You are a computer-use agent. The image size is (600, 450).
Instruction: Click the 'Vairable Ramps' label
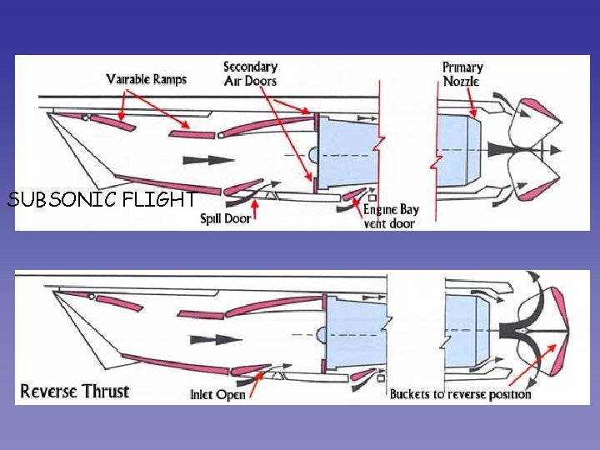(x=147, y=79)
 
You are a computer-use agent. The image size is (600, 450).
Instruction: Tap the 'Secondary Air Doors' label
(x=250, y=73)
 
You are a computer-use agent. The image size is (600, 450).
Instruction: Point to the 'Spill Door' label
(x=225, y=219)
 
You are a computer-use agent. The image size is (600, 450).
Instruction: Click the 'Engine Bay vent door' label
(x=391, y=217)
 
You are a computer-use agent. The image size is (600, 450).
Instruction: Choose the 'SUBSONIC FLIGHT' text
(x=102, y=200)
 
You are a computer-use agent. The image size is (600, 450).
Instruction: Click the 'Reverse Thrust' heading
(x=75, y=391)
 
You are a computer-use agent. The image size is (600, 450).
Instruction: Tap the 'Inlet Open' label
(x=217, y=394)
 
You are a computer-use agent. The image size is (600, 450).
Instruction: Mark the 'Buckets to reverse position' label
(x=460, y=394)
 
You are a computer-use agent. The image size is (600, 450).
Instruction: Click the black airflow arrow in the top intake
(x=207, y=158)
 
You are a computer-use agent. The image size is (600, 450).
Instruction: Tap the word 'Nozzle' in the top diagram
(x=461, y=81)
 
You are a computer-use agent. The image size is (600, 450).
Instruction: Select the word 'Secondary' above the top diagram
(x=250, y=67)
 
